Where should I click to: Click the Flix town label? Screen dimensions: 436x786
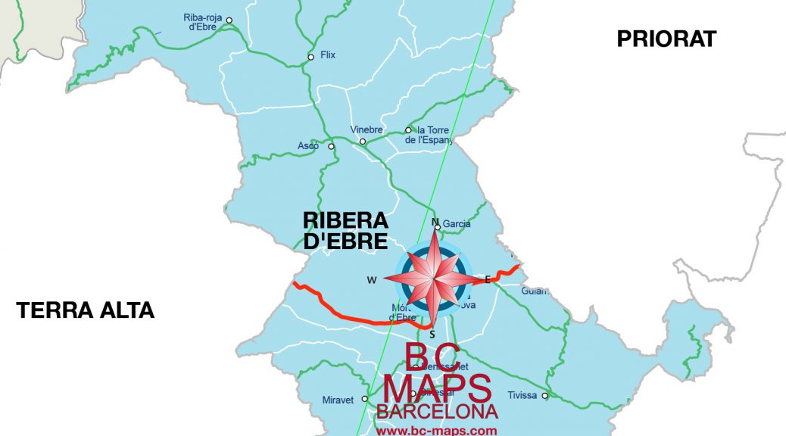click(328, 55)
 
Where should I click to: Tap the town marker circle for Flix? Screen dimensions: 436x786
click(310, 58)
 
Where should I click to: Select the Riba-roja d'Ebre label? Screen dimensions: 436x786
click(201, 22)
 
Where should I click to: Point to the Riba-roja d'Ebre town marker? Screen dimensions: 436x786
click(229, 20)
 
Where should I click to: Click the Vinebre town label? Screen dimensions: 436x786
click(366, 129)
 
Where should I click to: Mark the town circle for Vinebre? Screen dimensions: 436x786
click(362, 142)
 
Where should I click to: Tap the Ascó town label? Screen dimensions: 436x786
click(308, 145)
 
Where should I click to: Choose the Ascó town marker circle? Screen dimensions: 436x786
click(331, 147)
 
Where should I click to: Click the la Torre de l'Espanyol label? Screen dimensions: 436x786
click(430, 135)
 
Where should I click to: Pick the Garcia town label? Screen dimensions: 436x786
click(457, 223)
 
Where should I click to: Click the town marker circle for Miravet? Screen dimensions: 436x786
click(364, 399)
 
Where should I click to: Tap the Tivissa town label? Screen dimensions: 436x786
click(522, 395)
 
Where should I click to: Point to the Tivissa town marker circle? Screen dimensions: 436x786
click(544, 395)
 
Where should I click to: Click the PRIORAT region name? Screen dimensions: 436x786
click(666, 39)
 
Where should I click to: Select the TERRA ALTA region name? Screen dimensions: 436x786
click(86, 310)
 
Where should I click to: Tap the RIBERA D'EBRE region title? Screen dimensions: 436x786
click(345, 231)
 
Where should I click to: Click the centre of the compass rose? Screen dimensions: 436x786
click(433, 279)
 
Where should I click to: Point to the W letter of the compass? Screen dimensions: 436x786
click(372, 280)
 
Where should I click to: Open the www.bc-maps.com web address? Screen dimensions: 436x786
click(437, 430)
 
